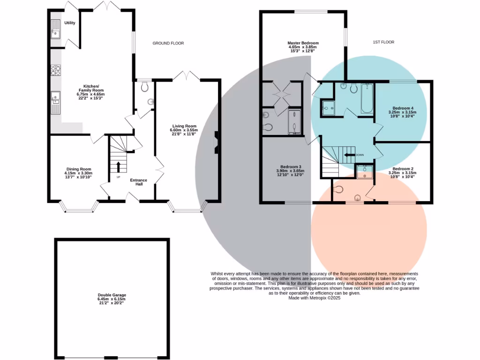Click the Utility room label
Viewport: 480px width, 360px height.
[70, 22]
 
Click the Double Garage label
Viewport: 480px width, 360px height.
[112, 295]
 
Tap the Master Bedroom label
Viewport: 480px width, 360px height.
[303, 43]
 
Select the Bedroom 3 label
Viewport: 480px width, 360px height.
[291, 167]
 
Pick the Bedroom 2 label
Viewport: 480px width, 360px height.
[402, 169]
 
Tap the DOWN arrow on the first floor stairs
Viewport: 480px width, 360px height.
[349, 155]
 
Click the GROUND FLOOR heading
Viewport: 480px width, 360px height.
[168, 43]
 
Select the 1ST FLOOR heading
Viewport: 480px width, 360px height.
[383, 42]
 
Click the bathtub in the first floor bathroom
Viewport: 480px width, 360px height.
[366, 98]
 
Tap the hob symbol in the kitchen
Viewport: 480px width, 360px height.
[55, 71]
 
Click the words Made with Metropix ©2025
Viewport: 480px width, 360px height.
[314, 298]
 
